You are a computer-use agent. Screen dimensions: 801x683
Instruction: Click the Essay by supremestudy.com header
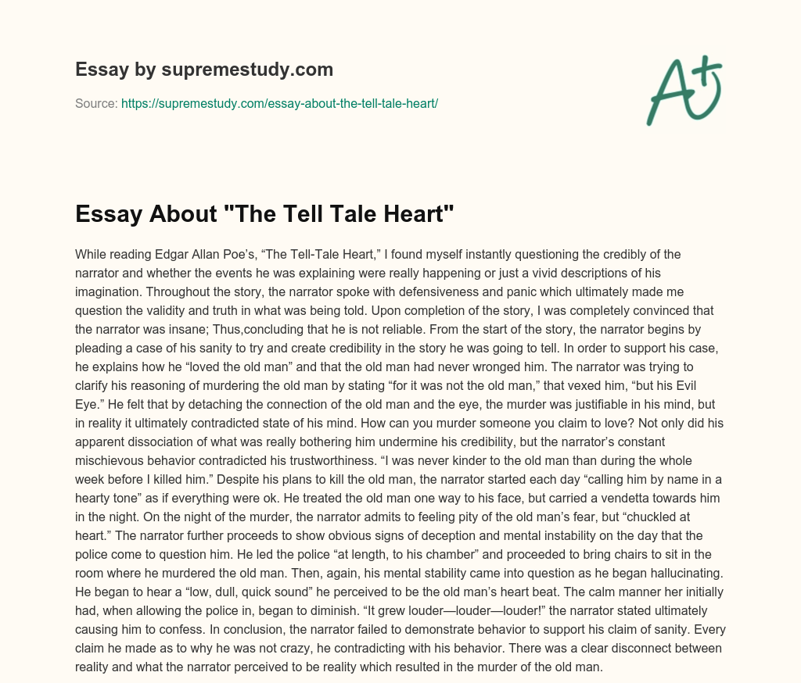pos(204,70)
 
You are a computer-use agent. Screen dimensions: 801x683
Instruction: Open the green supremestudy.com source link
pos(279,103)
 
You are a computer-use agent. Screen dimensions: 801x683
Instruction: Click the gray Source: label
pos(96,103)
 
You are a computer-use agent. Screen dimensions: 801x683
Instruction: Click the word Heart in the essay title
pos(414,214)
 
